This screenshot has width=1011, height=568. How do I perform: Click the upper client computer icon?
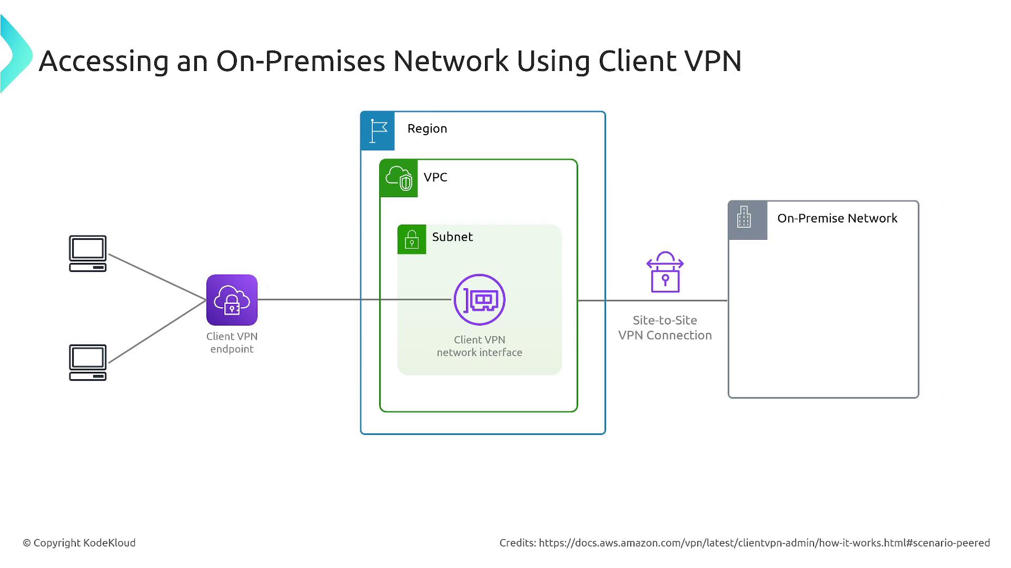point(88,253)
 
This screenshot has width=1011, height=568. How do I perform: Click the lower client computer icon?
point(88,362)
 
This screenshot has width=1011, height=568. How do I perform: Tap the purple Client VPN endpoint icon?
point(232,300)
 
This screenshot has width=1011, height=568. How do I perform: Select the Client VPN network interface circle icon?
point(479,300)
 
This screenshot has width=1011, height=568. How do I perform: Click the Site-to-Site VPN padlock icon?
point(665,272)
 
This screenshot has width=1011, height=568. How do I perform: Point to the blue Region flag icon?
point(378,131)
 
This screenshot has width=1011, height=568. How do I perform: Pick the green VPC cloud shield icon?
point(399,178)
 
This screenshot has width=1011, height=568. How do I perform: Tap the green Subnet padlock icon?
point(412,239)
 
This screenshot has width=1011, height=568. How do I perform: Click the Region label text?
point(427,129)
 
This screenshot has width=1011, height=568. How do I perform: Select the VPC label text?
point(435,177)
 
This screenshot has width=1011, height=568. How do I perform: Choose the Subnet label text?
point(452,237)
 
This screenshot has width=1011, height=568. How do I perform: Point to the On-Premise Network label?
point(837,218)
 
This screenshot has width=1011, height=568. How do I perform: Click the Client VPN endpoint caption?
point(232,342)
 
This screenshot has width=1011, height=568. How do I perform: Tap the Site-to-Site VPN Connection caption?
point(665,328)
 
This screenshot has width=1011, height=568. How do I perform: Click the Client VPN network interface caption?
point(479,346)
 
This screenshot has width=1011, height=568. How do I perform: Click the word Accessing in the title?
point(104,61)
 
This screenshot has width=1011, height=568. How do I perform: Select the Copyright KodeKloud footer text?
point(79,543)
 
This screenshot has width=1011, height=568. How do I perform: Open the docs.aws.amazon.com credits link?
point(764,543)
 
